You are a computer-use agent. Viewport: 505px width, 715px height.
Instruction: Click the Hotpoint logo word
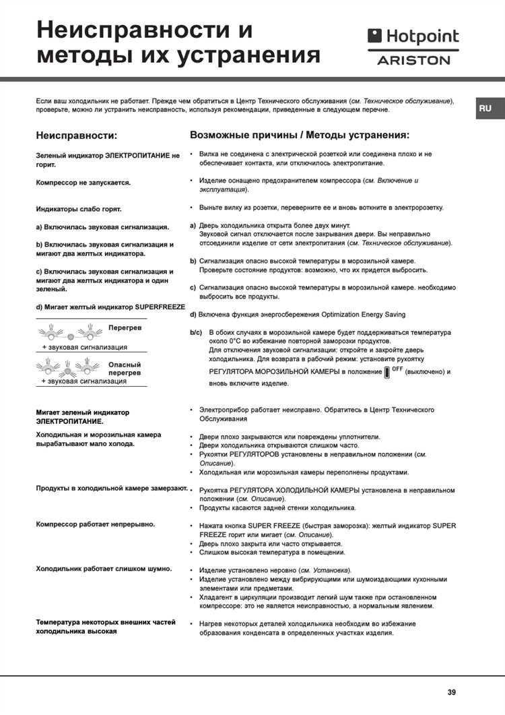coord(420,36)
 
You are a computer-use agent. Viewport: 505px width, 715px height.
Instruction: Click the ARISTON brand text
coord(413,60)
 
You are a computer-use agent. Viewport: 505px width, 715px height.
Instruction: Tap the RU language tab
coord(485,108)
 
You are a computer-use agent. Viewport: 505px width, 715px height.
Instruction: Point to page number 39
coord(451,691)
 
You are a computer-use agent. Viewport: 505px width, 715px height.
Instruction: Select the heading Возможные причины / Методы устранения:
coord(300,135)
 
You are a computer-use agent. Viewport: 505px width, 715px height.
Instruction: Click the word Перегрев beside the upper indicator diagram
coord(125,328)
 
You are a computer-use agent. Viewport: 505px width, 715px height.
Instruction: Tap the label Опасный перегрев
coord(125,368)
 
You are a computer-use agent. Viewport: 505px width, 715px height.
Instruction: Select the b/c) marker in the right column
coord(196,333)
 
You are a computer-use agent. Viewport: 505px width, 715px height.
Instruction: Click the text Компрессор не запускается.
coord(83,182)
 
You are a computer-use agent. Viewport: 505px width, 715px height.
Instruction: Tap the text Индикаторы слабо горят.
coord(79,209)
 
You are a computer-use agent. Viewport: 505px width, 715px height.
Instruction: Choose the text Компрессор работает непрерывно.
coord(95,524)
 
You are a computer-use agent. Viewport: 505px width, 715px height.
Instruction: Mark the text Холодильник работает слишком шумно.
coord(103,569)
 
